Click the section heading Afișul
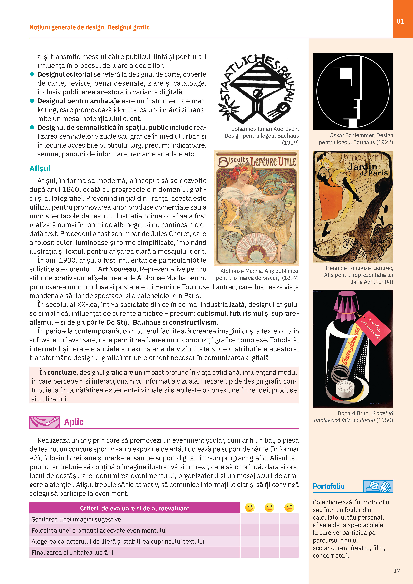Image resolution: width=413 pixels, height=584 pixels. (x=40, y=169)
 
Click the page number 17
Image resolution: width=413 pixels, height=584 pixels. (x=396, y=571)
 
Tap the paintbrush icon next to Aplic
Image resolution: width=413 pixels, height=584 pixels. (x=45, y=422)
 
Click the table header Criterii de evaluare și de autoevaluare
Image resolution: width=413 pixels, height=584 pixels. (x=135, y=508)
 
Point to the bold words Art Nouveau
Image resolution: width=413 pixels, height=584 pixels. (x=117, y=269)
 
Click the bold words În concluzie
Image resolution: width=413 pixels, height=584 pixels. (x=58, y=372)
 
